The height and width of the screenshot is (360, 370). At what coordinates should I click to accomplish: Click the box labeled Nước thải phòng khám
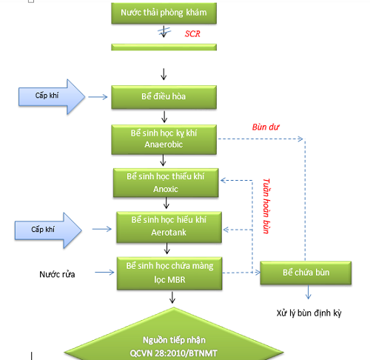point(164,13)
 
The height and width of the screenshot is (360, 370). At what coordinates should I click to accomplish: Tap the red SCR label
point(192,33)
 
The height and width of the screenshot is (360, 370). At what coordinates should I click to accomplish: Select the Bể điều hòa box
point(164,97)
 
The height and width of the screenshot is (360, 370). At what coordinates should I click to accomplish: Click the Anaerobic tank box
point(164,140)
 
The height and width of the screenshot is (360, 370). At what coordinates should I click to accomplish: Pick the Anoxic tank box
point(166,183)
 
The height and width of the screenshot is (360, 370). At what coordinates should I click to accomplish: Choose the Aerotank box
point(169,227)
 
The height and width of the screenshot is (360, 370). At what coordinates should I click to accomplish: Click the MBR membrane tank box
point(169,273)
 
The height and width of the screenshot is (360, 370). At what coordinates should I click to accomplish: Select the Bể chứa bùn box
point(306,273)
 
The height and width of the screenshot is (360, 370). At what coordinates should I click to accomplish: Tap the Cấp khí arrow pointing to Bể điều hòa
point(52,97)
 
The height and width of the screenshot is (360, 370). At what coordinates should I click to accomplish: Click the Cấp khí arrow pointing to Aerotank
point(48,230)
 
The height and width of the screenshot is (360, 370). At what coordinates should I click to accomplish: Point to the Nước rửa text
point(57,274)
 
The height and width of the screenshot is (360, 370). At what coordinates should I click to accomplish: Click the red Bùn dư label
point(266,127)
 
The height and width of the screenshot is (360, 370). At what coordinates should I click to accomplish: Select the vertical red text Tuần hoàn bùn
point(266,206)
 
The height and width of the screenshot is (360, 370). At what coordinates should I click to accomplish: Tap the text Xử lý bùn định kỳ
point(309,313)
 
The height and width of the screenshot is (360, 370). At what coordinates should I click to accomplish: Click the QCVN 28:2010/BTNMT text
point(173,353)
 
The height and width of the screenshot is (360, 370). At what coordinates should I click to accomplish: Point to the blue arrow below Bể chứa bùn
point(308,293)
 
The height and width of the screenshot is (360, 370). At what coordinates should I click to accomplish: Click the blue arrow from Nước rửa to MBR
point(104,273)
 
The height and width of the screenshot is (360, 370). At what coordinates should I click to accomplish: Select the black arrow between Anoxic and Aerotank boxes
point(166,203)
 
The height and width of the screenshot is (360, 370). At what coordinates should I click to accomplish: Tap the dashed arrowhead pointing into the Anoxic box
point(223,181)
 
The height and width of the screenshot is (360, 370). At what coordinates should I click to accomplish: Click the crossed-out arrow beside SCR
point(164,31)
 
